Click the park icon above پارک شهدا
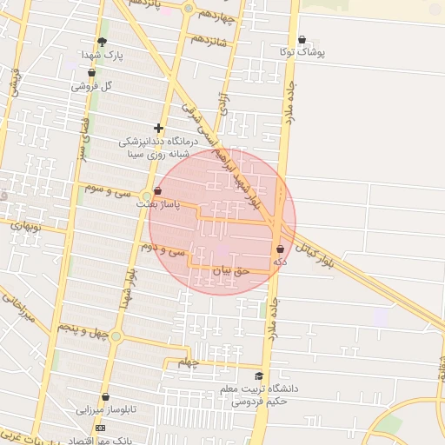point(103,43)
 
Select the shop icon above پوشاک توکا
point(302,39)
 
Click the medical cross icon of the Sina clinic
point(158,128)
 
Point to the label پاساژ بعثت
point(158,204)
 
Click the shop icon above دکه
point(280,249)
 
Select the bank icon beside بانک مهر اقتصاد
point(99,428)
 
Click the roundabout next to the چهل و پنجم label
point(116,335)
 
